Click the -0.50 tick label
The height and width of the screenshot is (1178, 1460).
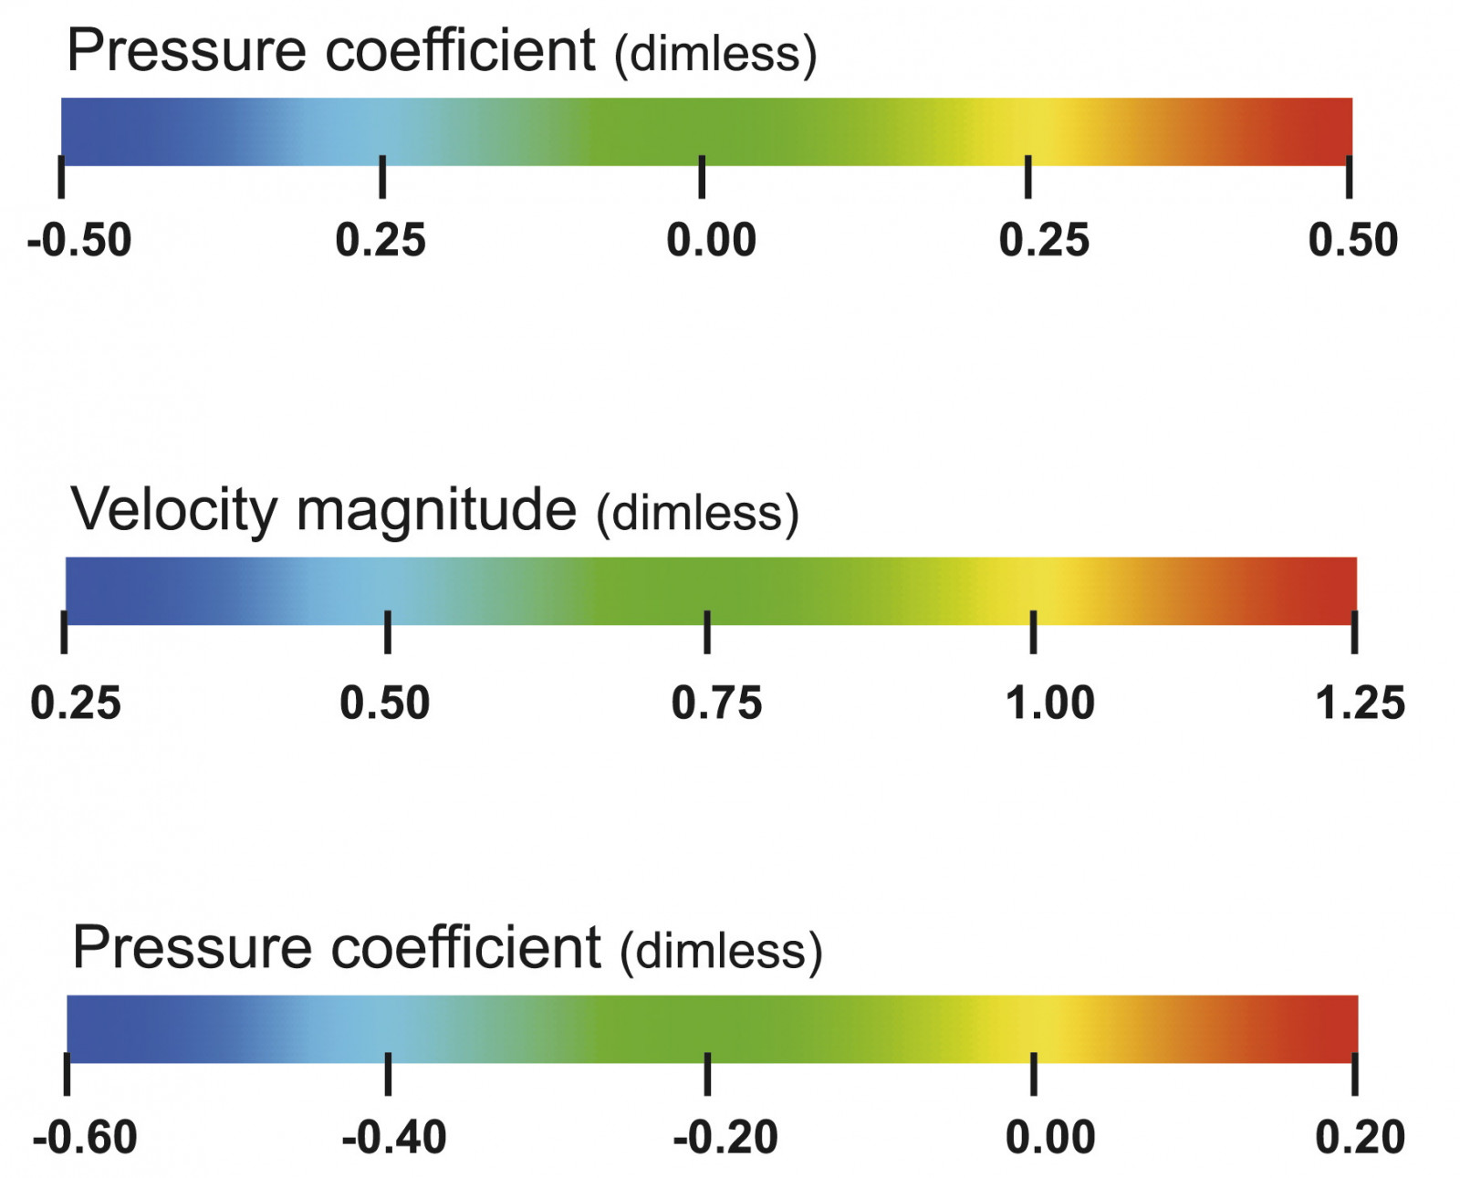click(x=79, y=241)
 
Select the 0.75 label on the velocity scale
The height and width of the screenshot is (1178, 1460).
click(x=716, y=704)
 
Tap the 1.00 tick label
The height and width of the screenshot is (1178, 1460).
click(x=1049, y=704)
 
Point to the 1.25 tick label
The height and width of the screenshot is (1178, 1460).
click(x=1360, y=704)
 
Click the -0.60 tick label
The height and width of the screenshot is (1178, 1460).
click(x=85, y=1138)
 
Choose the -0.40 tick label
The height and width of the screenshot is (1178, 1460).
click(x=394, y=1138)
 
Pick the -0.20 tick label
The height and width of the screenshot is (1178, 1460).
click(x=725, y=1138)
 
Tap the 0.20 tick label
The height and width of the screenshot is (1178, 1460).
click(x=1360, y=1138)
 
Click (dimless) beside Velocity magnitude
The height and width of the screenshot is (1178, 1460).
click(x=697, y=513)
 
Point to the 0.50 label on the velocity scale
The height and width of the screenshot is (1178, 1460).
click(x=384, y=704)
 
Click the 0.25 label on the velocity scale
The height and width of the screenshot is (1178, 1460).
click(x=76, y=704)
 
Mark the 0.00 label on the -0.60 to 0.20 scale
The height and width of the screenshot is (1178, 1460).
click(x=1049, y=1138)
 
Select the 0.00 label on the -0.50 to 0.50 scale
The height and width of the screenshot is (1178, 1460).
click(x=711, y=241)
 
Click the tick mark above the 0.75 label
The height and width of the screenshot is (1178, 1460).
click(x=707, y=631)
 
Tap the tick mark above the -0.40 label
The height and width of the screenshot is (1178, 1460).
click(x=388, y=1073)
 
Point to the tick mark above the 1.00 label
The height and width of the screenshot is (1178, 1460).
click(x=1033, y=631)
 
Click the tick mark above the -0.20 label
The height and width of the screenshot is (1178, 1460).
click(x=707, y=1073)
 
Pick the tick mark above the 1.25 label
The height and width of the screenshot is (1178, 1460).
click(x=1354, y=631)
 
